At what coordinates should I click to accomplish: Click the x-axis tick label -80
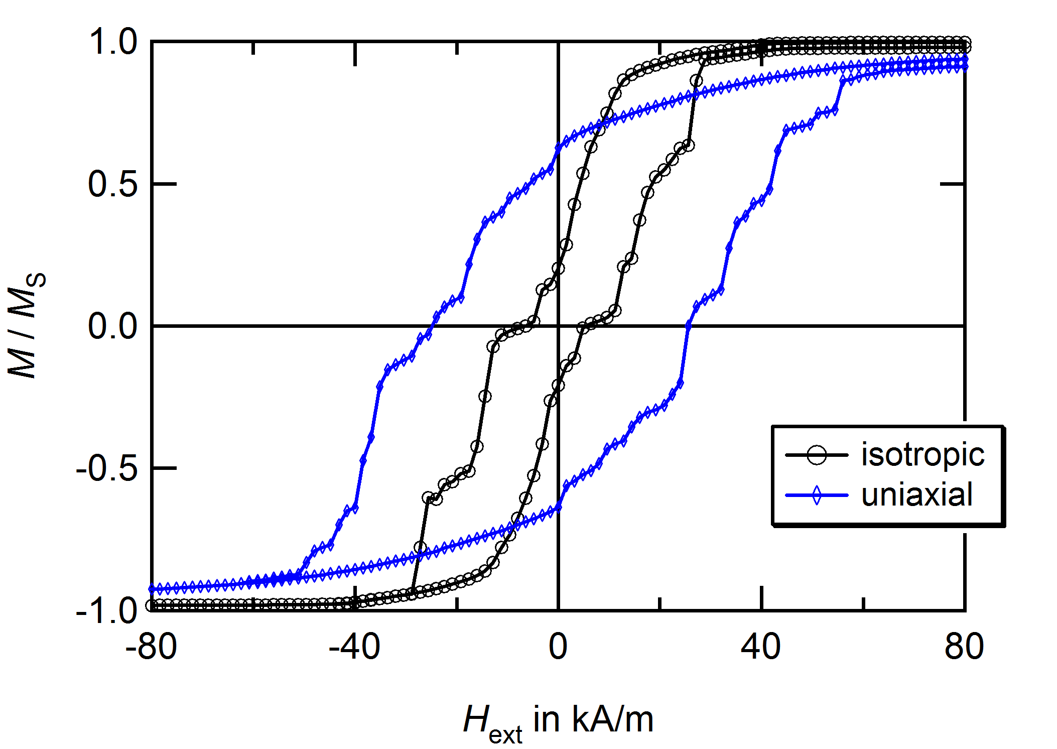click(151, 648)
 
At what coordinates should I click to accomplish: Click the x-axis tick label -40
click(354, 648)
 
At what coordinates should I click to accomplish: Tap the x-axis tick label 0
click(558, 648)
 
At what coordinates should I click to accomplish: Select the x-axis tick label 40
click(761, 648)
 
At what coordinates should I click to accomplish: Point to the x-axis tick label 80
click(964, 648)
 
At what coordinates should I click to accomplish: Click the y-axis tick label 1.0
click(112, 42)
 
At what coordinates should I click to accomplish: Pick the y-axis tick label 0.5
click(112, 184)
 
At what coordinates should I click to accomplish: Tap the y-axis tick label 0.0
click(112, 326)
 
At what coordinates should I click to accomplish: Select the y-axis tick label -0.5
click(106, 468)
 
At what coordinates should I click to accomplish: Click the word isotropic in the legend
click(922, 455)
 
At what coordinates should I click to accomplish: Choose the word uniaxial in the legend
click(917, 495)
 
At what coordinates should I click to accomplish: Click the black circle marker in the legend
click(816, 455)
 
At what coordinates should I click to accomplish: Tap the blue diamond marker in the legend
click(816, 495)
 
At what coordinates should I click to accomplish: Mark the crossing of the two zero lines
click(558, 326)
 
